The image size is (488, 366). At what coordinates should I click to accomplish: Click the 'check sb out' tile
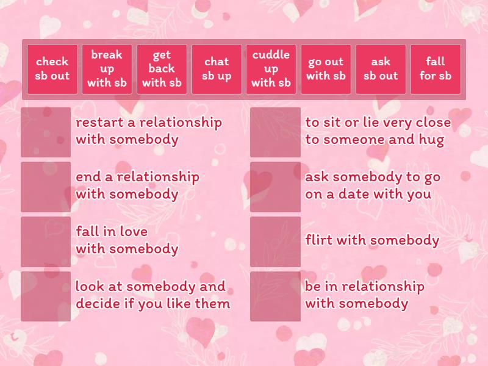tap(52, 69)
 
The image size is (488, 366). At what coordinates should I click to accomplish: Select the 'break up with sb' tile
tap(107, 69)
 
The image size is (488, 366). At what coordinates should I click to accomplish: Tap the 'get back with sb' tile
tap(162, 69)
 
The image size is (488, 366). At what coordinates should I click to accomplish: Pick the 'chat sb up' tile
tap(217, 69)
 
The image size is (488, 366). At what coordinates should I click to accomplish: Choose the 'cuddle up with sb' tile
tap(271, 69)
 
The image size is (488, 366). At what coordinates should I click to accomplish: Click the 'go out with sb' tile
tap(326, 69)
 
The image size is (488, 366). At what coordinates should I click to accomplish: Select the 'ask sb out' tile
tap(381, 69)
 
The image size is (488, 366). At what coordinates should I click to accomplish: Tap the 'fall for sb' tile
tap(435, 69)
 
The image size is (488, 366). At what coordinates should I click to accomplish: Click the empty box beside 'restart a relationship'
tap(46, 132)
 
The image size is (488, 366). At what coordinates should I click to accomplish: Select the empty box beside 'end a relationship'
tap(46, 187)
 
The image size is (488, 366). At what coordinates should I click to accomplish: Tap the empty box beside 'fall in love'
tap(46, 242)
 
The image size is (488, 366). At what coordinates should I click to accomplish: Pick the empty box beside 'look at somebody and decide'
tap(46, 296)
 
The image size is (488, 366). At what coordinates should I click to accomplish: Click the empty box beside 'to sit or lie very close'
tap(275, 132)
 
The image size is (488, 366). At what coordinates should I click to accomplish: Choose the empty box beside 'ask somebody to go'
tap(275, 187)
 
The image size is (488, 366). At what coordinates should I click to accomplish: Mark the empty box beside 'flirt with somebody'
tap(275, 242)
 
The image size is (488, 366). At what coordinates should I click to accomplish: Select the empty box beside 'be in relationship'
tap(275, 296)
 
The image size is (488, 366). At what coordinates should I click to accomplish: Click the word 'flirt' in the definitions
tap(318, 240)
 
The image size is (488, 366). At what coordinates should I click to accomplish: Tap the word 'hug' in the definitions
tap(432, 140)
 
